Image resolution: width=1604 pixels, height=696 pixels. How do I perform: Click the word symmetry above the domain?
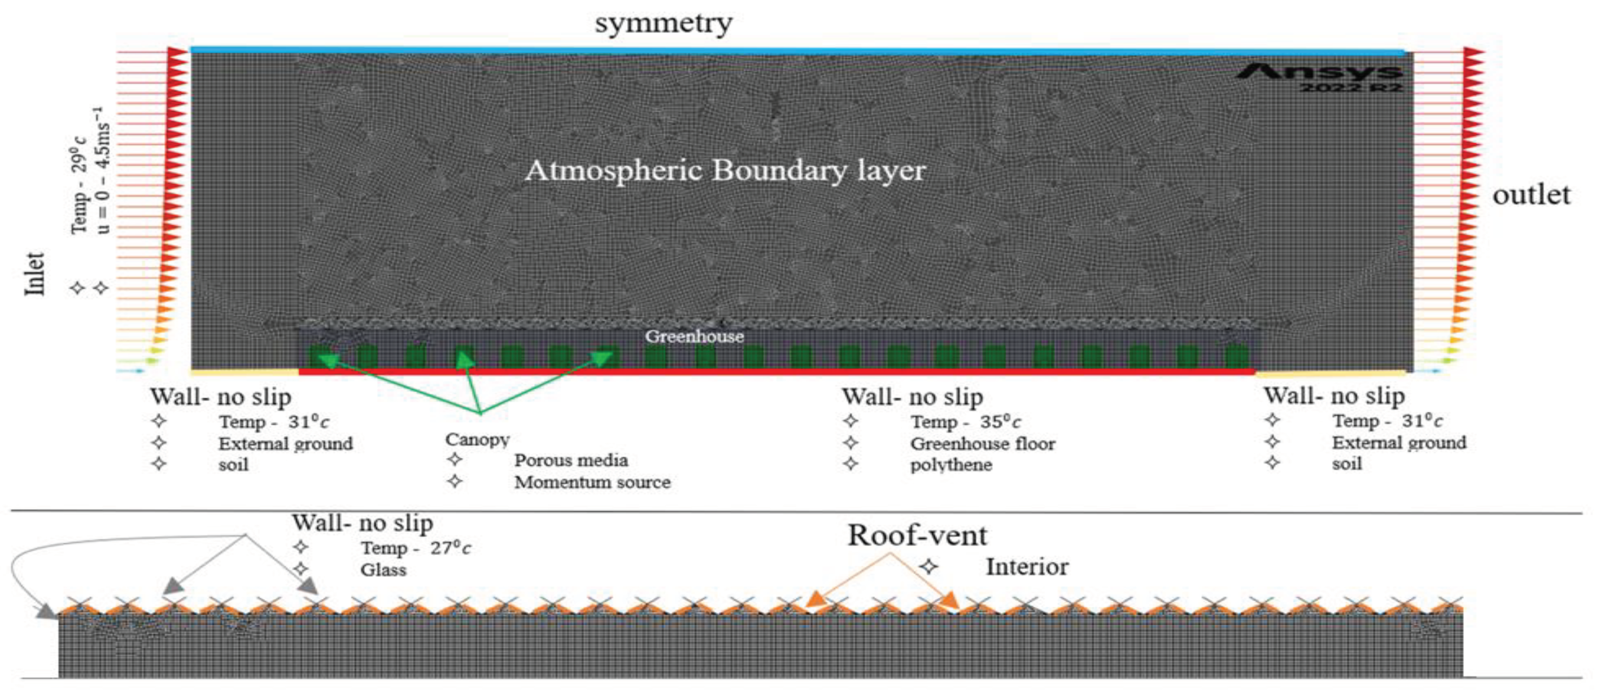(x=664, y=23)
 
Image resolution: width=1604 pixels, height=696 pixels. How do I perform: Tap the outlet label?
(x=1531, y=195)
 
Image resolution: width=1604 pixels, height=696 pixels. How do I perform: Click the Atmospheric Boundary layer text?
(x=726, y=170)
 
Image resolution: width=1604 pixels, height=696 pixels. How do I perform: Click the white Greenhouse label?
(x=694, y=337)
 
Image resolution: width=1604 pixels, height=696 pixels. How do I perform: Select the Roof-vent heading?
(x=917, y=535)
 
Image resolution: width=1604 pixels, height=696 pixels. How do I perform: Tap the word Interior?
(x=1027, y=567)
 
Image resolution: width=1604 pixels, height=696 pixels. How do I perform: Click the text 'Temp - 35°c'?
(x=965, y=422)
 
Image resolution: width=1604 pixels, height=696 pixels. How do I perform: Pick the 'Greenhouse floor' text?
(x=983, y=444)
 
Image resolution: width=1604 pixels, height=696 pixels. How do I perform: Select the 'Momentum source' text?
(x=592, y=482)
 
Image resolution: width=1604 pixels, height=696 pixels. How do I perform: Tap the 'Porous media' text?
(x=571, y=461)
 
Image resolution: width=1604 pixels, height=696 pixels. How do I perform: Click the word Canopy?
(x=477, y=439)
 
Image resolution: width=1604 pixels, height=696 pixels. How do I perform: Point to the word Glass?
(x=383, y=570)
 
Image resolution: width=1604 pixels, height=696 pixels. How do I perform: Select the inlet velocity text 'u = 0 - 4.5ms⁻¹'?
(x=103, y=170)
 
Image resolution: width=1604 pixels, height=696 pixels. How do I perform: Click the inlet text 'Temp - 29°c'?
(x=79, y=185)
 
